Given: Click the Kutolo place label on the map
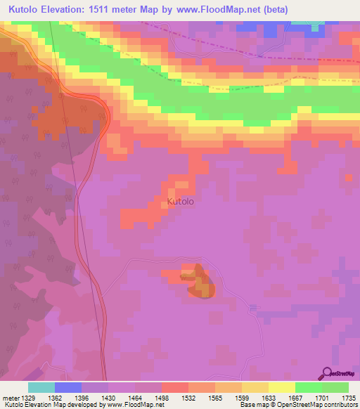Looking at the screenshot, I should click(x=181, y=202).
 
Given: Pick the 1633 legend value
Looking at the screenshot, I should click(x=268, y=398).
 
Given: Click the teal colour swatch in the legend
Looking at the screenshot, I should click(x=41, y=387).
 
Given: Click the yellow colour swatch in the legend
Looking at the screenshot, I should click(x=281, y=387).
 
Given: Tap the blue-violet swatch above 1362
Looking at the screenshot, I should click(x=68, y=387).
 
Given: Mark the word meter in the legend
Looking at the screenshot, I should click(x=10, y=398).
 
